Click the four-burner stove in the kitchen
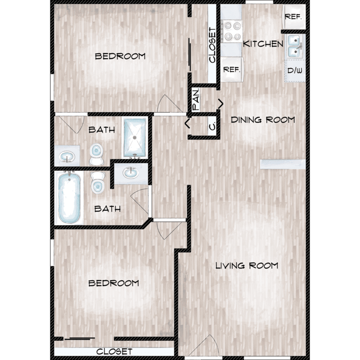[x=231, y=31]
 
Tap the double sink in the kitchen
[x=295, y=47]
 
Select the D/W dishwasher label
[x=295, y=71]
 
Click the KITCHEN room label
[x=263, y=44]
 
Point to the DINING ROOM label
[x=263, y=120]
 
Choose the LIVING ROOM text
[x=247, y=265]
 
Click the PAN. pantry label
[x=196, y=99]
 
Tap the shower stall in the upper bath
[x=135, y=138]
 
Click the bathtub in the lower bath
[x=69, y=197]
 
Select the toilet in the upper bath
[x=96, y=154]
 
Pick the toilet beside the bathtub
[x=98, y=183]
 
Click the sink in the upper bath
[x=67, y=157]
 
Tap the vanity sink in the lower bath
[x=131, y=173]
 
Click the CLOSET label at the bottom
[x=114, y=351]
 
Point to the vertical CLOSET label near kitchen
[x=212, y=45]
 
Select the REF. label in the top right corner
[x=293, y=17]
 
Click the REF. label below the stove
[x=232, y=69]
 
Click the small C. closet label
[x=212, y=126]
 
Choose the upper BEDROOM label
[x=120, y=56]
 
